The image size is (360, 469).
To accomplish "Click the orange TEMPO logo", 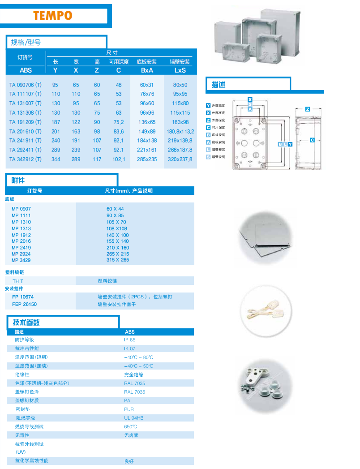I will coord(53,16).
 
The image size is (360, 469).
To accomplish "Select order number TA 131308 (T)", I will coord(26,113).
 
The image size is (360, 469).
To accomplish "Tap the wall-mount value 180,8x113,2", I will coord(180,131).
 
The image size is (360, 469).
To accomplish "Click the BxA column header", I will coord(147,70).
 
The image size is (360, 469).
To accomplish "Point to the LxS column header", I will coord(180,70).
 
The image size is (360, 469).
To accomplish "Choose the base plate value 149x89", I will coord(147,131).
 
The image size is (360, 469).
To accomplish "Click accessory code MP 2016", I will coord(21,241).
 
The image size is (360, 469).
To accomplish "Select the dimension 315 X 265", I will coord(118,260).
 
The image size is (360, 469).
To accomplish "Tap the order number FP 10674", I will coord(23,297).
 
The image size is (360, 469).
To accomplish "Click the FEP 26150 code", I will coord(24,304).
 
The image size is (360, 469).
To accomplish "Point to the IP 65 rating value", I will coord(129,340).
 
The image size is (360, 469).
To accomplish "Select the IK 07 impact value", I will coord(129,349).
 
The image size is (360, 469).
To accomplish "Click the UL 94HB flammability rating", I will coord(133,418).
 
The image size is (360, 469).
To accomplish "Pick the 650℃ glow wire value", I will coord(130,426).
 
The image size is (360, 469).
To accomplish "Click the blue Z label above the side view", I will coord(308,109).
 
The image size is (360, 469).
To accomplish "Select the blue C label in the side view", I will coord(312,140).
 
